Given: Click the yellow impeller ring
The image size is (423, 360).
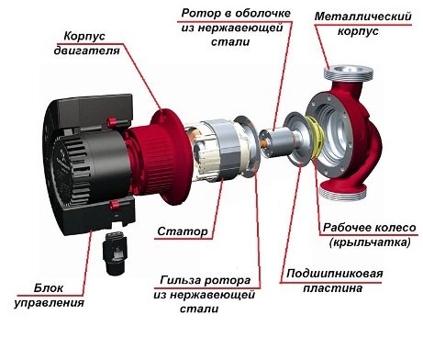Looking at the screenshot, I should [316, 147].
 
